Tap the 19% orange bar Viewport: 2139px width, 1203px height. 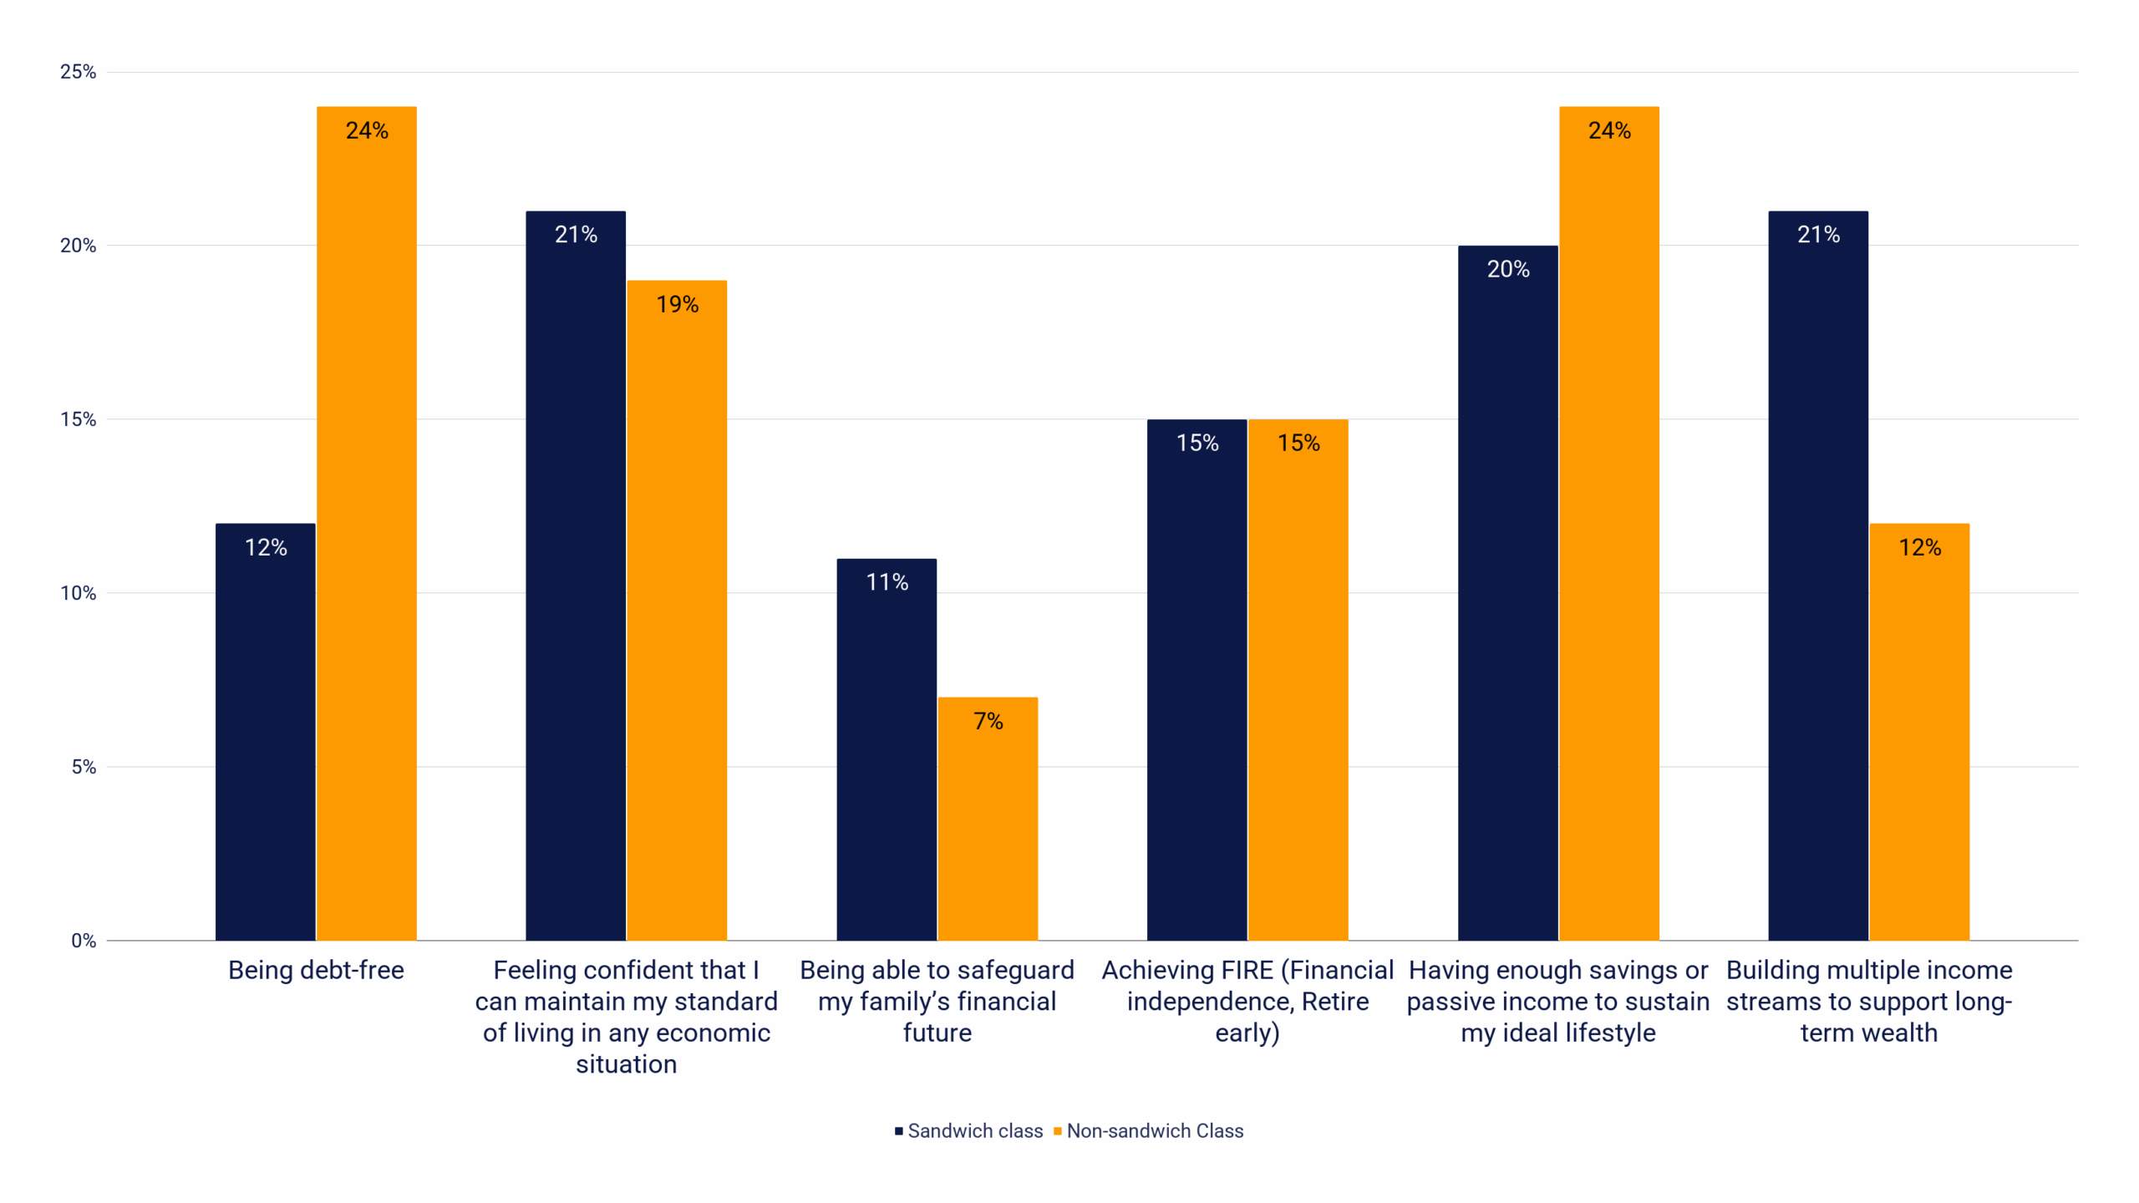tap(677, 610)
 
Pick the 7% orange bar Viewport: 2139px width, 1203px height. tap(988, 819)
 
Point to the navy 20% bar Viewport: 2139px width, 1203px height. tap(1507, 593)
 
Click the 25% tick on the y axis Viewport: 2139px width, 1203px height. tap(78, 72)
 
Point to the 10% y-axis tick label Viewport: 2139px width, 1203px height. tap(78, 593)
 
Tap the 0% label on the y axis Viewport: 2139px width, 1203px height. tap(83, 941)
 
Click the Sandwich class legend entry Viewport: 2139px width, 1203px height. tap(968, 1130)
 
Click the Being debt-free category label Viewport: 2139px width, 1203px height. tap(316, 970)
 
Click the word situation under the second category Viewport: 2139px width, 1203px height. tap(626, 1063)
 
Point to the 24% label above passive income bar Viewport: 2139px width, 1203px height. tap(1609, 130)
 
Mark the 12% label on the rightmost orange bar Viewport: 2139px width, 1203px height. tap(1919, 547)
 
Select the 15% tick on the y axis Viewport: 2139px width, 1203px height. tap(78, 419)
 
